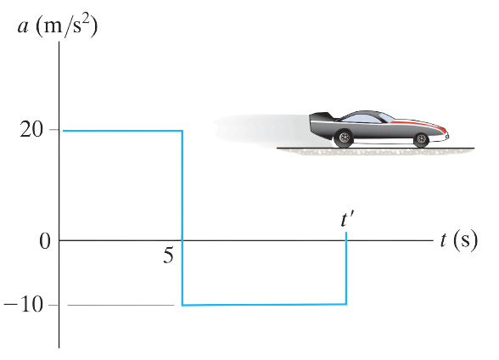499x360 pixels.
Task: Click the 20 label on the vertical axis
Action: [x=31, y=130]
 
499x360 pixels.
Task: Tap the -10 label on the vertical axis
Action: [x=23, y=305]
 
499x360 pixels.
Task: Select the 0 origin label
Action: [x=45, y=241]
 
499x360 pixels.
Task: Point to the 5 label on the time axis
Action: [x=168, y=256]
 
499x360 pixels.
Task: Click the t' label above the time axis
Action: [x=347, y=220]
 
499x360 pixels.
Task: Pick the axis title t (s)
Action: [x=459, y=239]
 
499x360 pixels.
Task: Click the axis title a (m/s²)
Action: [x=58, y=26]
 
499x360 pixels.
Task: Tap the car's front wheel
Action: [x=421, y=138]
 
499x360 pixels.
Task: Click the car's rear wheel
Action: [x=344, y=138]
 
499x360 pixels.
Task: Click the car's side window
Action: [x=362, y=118]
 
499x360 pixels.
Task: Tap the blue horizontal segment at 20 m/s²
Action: [x=122, y=131]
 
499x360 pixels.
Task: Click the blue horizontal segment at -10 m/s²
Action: [x=264, y=305]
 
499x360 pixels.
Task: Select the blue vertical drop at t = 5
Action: [x=182, y=217]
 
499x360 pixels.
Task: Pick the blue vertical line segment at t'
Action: [x=346, y=268]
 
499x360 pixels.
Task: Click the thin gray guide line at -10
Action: [x=121, y=305]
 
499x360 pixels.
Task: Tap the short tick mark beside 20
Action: [x=54, y=130]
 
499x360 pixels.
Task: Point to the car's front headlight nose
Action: [x=446, y=134]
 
